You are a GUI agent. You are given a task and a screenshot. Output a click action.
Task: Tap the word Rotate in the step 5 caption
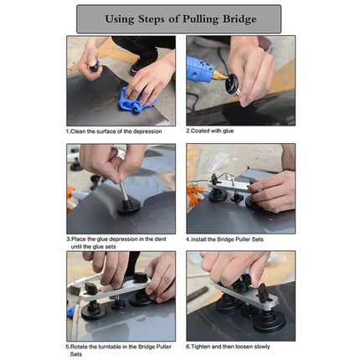point(82,346)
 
